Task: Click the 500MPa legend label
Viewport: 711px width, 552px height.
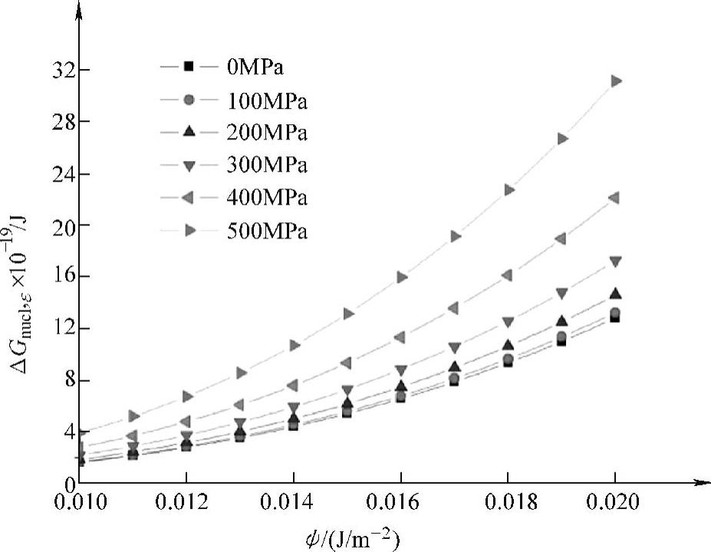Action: (267, 231)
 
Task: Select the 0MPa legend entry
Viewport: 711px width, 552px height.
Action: (255, 67)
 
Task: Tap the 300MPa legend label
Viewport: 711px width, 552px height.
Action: (267, 165)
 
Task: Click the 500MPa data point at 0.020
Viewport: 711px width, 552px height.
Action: (615, 80)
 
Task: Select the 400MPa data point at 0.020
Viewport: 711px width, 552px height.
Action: (614, 198)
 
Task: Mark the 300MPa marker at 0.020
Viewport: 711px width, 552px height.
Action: (615, 262)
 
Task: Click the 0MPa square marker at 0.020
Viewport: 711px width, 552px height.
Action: (615, 317)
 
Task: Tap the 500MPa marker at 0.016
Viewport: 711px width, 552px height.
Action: (401, 277)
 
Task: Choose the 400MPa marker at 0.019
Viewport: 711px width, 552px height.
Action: (561, 238)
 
